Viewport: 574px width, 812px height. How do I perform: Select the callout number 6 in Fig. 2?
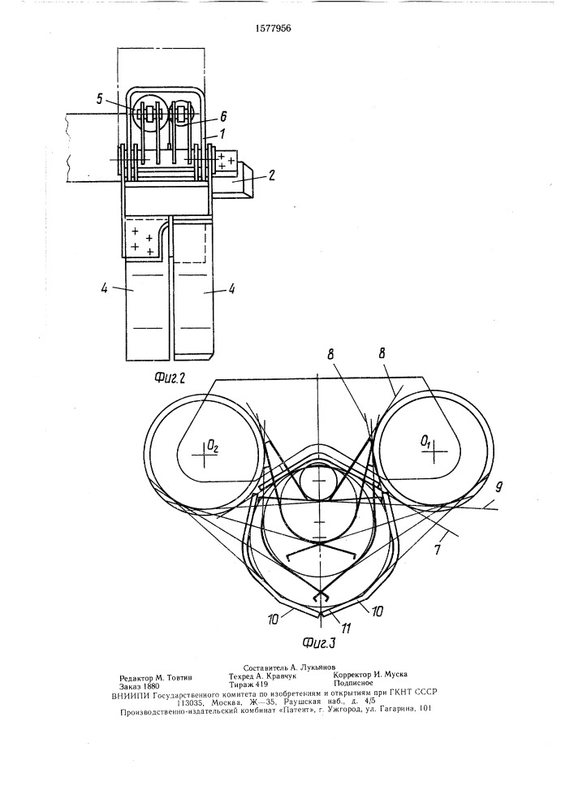223,117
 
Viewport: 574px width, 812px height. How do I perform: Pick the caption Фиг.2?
170,378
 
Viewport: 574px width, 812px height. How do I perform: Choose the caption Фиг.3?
319,643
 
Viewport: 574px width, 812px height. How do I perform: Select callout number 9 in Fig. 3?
498,486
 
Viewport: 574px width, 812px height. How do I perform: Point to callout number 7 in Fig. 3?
438,550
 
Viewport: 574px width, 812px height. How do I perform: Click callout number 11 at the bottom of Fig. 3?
346,628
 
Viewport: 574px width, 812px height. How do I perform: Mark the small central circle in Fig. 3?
321,481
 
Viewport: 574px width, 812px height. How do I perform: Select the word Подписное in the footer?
352,683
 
